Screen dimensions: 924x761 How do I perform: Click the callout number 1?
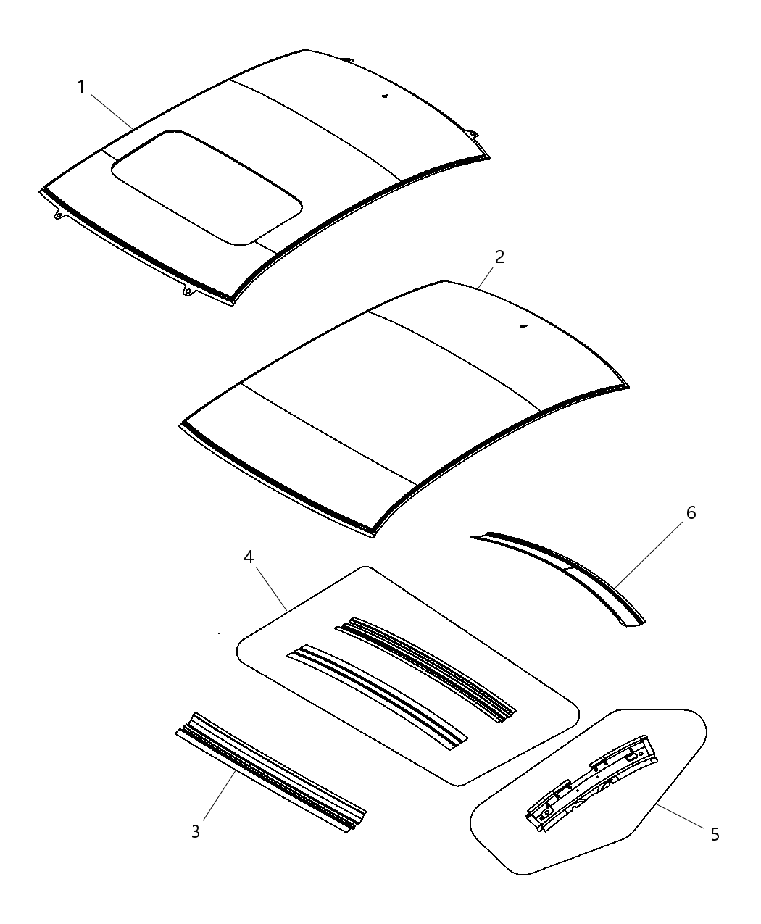(x=81, y=88)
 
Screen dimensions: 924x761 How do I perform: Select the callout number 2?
(x=499, y=257)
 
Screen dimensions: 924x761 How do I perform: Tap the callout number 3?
(x=195, y=831)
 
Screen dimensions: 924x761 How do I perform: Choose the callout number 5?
(x=715, y=835)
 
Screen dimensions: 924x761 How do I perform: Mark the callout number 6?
(x=690, y=513)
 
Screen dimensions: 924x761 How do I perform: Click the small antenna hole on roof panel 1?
(x=386, y=95)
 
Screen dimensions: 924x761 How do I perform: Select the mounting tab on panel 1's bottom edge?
(x=186, y=291)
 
